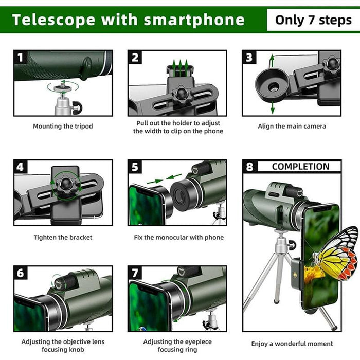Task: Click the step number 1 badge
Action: pyautogui.click(x=21, y=57)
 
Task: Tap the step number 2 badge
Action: pyautogui.click(x=135, y=57)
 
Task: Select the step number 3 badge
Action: pyautogui.click(x=250, y=57)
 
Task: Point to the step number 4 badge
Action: pyautogui.click(x=21, y=167)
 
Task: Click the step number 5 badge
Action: pyautogui.click(x=135, y=167)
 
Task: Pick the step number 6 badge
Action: pyautogui.click(x=21, y=273)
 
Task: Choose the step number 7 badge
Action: pyautogui.click(x=135, y=273)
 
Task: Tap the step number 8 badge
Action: pyautogui.click(x=250, y=167)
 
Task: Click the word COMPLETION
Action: pyautogui.click(x=300, y=167)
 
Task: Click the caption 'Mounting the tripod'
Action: pyautogui.click(x=63, y=126)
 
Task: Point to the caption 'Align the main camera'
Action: pyautogui.click(x=292, y=126)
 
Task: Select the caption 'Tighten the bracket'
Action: pyautogui.click(x=63, y=238)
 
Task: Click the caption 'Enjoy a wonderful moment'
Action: pyautogui.click(x=292, y=344)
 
